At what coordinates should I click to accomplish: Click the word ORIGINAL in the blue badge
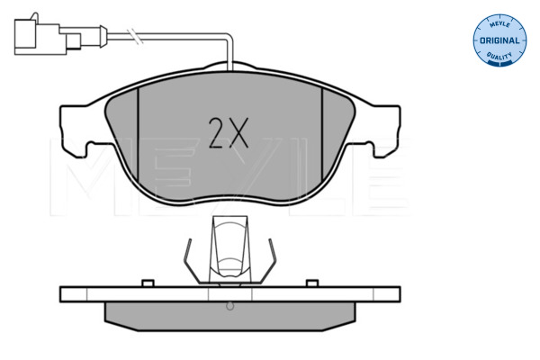(499, 40)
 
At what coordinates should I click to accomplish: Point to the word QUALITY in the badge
(499, 56)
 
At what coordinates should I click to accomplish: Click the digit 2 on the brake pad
(216, 133)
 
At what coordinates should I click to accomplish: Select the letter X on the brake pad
(238, 133)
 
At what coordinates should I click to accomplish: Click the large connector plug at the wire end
(37, 36)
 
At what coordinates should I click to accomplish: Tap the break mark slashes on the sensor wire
(135, 36)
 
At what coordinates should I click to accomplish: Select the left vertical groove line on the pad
(138, 134)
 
